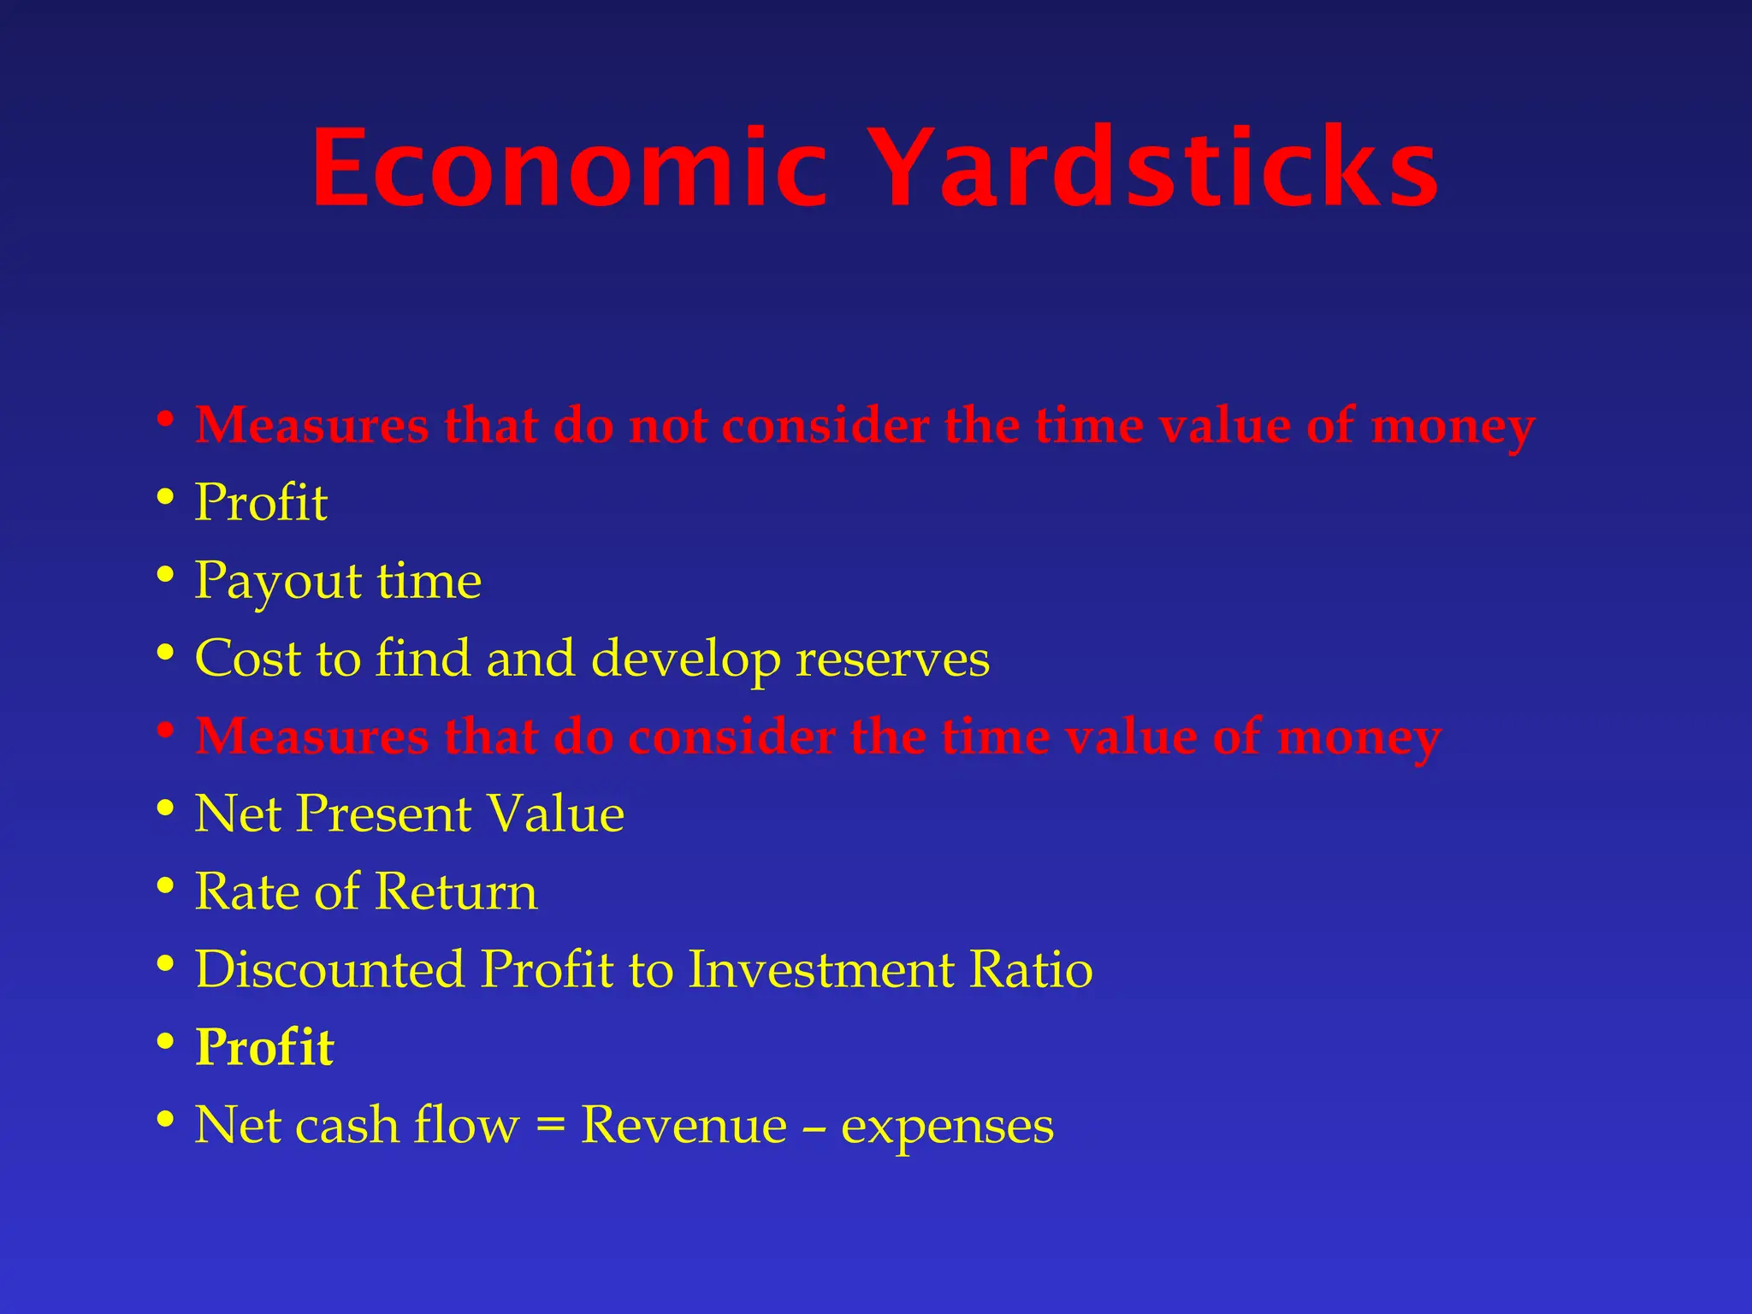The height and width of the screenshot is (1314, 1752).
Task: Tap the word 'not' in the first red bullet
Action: click(x=667, y=425)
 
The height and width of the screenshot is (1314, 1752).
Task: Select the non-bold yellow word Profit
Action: click(x=261, y=502)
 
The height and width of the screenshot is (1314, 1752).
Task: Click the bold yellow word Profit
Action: click(x=263, y=1047)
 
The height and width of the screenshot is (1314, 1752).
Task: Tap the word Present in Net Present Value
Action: click(x=384, y=814)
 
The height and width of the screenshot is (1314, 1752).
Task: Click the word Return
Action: click(x=456, y=891)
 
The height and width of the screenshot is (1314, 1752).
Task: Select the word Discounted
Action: click(x=330, y=969)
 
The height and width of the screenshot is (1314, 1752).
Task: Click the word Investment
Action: click(x=821, y=969)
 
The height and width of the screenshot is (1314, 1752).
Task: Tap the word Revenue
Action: click(x=684, y=1124)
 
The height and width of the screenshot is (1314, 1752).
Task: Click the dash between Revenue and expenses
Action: click(x=814, y=1128)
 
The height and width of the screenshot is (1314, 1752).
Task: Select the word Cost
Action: click(x=247, y=659)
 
